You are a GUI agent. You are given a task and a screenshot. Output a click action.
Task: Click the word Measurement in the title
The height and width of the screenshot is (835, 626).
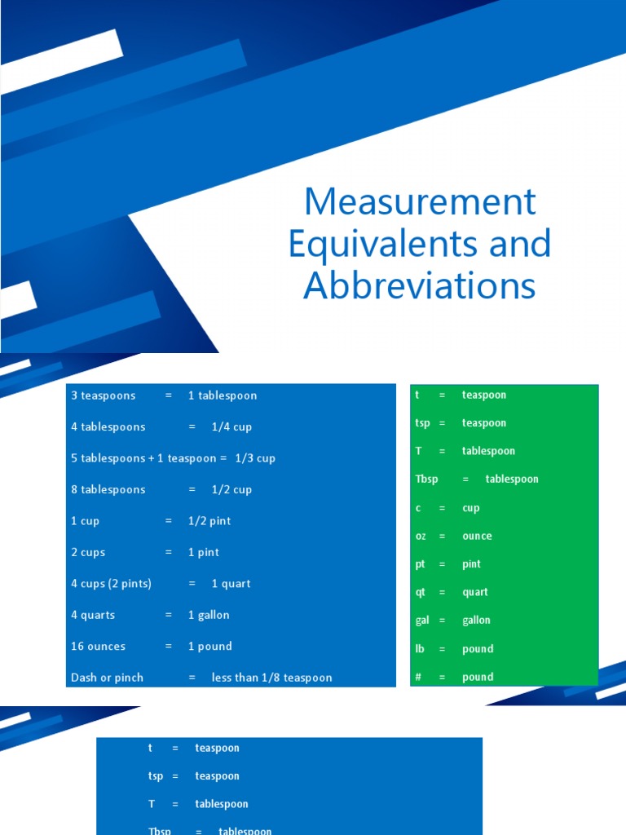pyautogui.click(x=420, y=201)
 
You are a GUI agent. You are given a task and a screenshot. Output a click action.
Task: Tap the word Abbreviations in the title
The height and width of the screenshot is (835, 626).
pyautogui.click(x=420, y=286)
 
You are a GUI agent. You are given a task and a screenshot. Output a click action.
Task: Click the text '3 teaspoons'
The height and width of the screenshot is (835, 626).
pyautogui.click(x=104, y=395)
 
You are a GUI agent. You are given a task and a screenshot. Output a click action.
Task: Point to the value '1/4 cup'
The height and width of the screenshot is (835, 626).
pyautogui.click(x=231, y=426)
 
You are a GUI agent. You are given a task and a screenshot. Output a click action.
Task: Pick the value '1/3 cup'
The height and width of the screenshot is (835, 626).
pyautogui.click(x=255, y=458)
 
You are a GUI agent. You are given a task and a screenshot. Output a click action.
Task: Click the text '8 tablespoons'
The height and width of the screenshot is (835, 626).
pyautogui.click(x=108, y=489)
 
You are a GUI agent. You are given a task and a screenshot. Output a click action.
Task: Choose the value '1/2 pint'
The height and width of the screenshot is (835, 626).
pyautogui.click(x=209, y=521)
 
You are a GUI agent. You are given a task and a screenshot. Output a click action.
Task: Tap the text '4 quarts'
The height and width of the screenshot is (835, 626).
pyautogui.click(x=94, y=615)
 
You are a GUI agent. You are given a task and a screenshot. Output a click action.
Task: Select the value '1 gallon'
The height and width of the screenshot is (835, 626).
pyautogui.click(x=209, y=615)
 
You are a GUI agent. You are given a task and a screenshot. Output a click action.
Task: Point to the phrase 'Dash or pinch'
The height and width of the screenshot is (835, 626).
pyautogui.click(x=108, y=678)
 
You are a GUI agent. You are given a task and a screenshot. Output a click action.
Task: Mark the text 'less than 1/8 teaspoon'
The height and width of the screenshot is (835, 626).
pyautogui.click(x=271, y=678)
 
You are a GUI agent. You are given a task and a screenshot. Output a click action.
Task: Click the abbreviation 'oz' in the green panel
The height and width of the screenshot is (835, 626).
pyautogui.click(x=421, y=536)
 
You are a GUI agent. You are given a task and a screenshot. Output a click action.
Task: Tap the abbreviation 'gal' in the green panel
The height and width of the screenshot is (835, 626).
pyautogui.click(x=422, y=621)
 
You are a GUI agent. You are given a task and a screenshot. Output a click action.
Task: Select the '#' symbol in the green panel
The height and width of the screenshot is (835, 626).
pyautogui.click(x=419, y=677)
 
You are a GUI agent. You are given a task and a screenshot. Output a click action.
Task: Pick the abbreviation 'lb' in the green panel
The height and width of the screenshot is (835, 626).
pyautogui.click(x=421, y=649)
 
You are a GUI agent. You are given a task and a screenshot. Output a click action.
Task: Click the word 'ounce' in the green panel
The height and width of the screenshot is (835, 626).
pyautogui.click(x=477, y=536)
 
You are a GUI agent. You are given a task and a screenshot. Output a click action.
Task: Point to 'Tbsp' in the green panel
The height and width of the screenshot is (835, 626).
pyautogui.click(x=427, y=479)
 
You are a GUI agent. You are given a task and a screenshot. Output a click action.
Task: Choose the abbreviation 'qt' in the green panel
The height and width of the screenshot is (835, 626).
pyautogui.click(x=421, y=592)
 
